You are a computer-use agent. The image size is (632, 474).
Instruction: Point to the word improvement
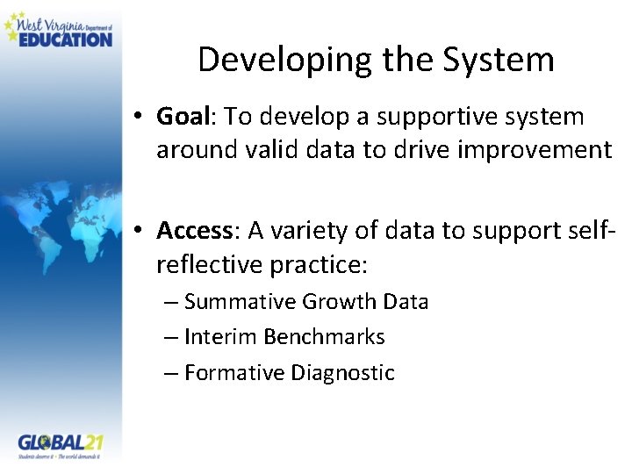pos(535,150)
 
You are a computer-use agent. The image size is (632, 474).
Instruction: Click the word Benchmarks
pos(324,337)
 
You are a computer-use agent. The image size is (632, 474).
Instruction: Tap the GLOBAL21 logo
pos(60,444)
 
